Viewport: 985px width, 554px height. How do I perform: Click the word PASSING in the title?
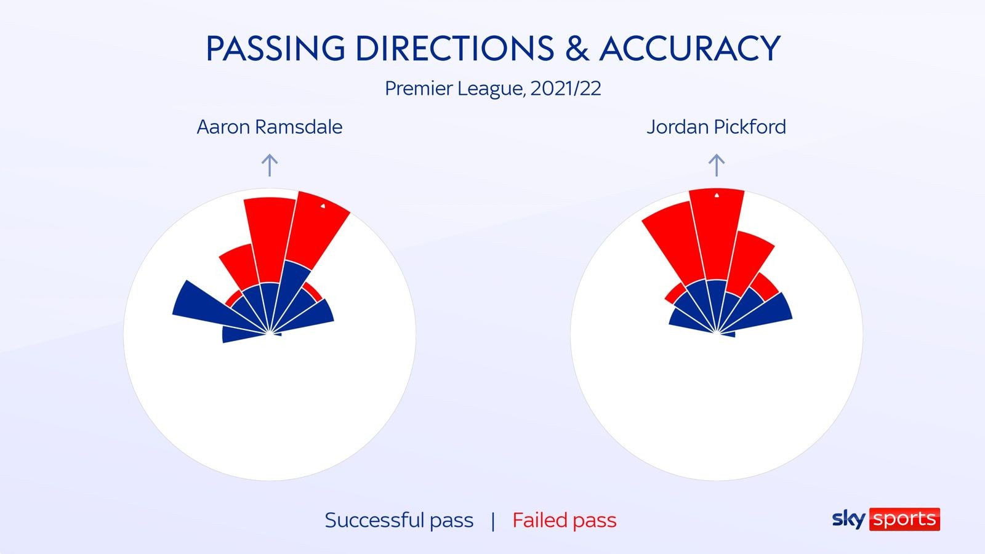coord(275,48)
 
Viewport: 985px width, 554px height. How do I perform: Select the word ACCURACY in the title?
coord(689,48)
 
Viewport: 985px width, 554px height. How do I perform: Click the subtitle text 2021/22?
coord(566,89)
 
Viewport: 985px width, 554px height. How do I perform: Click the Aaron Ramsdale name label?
coord(270,127)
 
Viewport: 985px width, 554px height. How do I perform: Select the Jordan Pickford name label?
coord(717,127)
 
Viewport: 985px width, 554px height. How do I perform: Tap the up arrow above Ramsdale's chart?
coord(270,166)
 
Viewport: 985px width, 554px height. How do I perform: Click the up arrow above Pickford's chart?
coord(717,166)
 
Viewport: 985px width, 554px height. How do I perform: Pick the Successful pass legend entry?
coord(399,521)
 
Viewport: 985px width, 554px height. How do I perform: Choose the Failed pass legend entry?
coord(564,521)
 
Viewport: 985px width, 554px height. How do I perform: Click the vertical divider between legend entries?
coord(493,521)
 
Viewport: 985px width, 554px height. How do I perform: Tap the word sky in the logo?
coord(849,520)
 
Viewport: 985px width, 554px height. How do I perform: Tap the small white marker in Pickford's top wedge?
coord(717,195)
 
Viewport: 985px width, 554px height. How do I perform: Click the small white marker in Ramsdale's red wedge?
coord(323,206)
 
